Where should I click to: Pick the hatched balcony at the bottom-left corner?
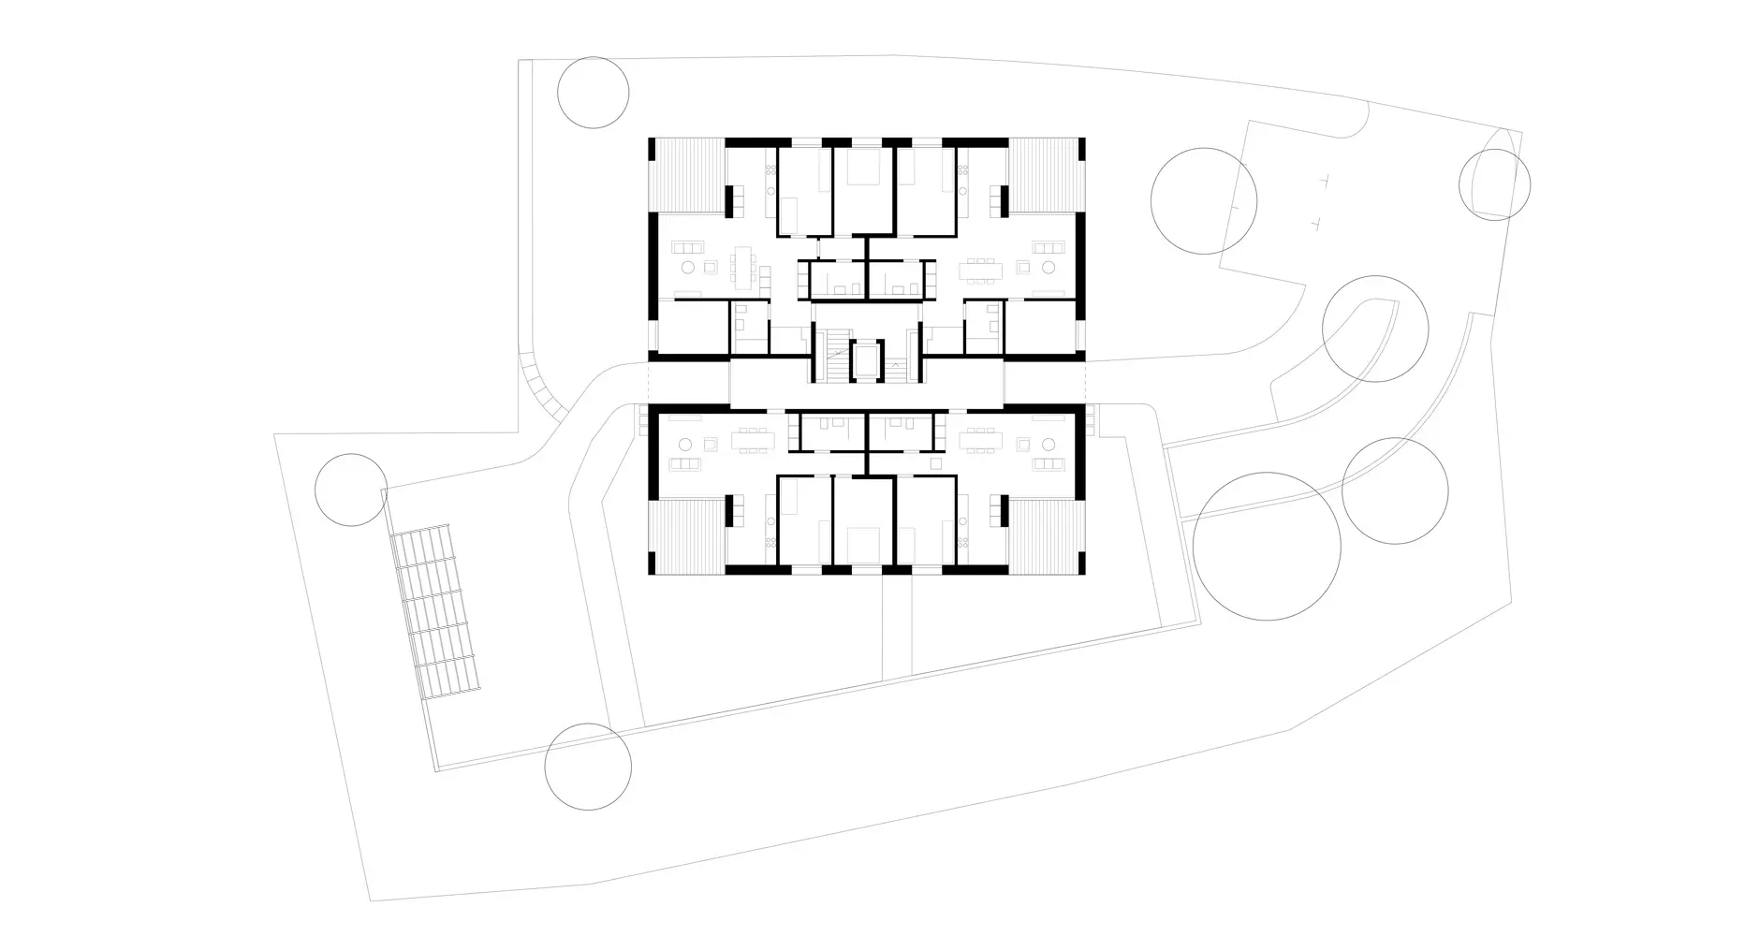tap(687, 535)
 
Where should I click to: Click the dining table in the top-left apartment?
tap(745, 267)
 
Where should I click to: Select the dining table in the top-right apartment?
tap(981, 270)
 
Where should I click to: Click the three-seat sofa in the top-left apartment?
tap(690, 247)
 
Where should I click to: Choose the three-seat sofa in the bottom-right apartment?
tap(1048, 464)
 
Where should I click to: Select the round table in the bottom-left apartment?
tap(685, 443)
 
